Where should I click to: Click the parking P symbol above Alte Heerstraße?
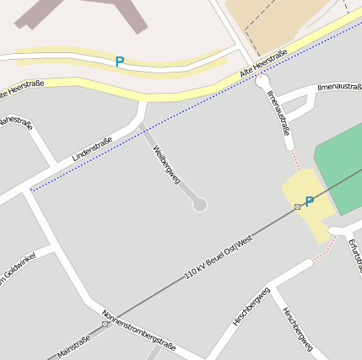click(x=119, y=62)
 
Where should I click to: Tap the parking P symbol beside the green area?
click(x=309, y=201)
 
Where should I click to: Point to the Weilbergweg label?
click(x=166, y=164)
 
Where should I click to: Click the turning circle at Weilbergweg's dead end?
click(x=200, y=205)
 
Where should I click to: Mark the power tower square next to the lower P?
click(x=297, y=207)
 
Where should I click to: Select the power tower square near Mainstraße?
click(x=105, y=324)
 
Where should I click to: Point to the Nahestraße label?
click(x=14, y=123)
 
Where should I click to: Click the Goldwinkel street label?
click(x=17, y=271)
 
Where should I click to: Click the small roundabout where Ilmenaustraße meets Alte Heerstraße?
click(x=262, y=82)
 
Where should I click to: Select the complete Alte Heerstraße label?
click(x=263, y=65)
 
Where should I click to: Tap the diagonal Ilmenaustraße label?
click(x=278, y=113)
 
